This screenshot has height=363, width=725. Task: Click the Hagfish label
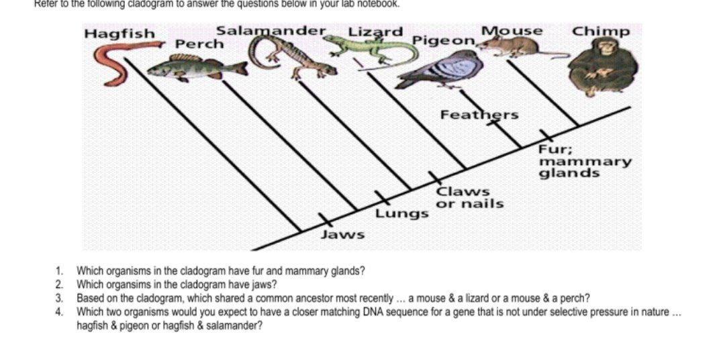[119, 34]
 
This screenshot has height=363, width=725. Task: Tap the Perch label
[199, 44]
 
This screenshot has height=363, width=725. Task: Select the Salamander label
[271, 31]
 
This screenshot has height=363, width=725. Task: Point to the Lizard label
[376, 32]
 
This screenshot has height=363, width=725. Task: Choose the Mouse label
[512, 31]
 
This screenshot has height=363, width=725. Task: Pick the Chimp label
[601, 32]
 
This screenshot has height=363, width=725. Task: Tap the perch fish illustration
[195, 67]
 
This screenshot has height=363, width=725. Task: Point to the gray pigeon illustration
[436, 70]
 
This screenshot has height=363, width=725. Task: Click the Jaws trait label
[342, 234]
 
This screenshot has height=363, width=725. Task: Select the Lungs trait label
[401, 214]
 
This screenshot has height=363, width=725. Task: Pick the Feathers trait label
[479, 115]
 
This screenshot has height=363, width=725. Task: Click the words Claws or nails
[470, 197]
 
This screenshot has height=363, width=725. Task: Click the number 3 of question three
[59, 298]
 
